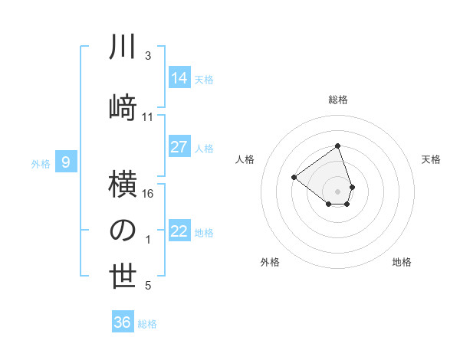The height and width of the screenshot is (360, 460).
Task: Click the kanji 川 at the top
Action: click(123, 48)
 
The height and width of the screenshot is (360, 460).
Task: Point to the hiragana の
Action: click(123, 231)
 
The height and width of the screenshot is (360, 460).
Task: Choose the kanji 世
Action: click(123, 277)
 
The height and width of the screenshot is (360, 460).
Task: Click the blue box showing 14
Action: click(179, 77)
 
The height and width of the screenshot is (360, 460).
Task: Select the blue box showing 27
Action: click(179, 147)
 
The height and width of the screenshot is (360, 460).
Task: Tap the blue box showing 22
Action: click(179, 231)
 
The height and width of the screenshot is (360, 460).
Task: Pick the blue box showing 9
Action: click(66, 162)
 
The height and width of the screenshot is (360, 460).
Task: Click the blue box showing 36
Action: click(123, 322)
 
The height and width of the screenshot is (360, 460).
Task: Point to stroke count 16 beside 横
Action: click(149, 194)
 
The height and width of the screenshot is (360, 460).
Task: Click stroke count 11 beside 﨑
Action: click(148, 117)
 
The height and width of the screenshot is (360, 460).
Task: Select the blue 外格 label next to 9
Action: click(41, 163)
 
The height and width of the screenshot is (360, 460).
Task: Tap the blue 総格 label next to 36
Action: click(147, 324)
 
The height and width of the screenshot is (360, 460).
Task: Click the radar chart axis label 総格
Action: click(337, 100)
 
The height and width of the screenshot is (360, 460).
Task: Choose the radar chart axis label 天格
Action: click(431, 159)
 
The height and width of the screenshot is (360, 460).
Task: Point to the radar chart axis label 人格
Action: click(245, 159)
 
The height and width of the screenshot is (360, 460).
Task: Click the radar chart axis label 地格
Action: click(402, 262)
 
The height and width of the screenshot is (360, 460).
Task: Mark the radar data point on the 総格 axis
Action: click(337, 146)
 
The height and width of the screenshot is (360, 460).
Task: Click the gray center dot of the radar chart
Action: click(337, 190)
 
